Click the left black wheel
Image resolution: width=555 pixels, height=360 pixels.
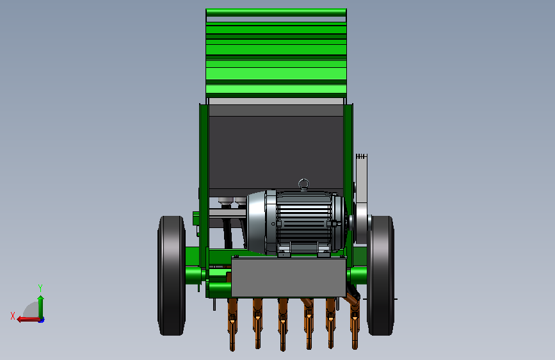point(172,275)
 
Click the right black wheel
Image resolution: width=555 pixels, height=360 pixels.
point(381,275)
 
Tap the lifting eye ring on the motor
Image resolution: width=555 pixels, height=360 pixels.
point(303,184)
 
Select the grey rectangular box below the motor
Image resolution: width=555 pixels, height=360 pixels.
point(289,277)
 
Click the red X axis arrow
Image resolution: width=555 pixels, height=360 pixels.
point(28,320)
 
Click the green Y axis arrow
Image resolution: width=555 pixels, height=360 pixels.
point(41,307)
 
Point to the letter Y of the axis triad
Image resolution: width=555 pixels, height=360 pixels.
point(40,288)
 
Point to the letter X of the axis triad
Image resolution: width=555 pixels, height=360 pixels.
point(13,316)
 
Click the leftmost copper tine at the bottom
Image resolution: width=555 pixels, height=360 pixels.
point(232,324)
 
